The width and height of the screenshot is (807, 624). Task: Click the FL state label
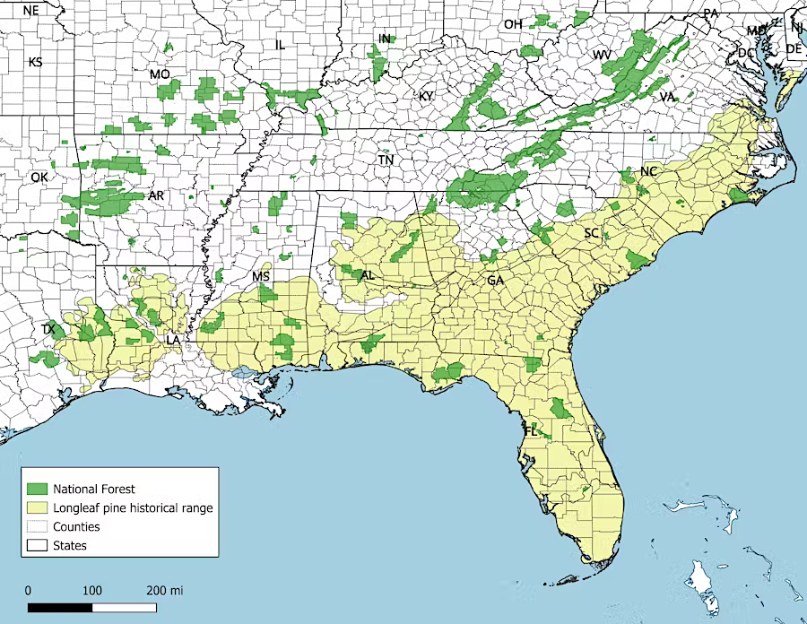click(530, 431)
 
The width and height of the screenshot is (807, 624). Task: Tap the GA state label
click(495, 281)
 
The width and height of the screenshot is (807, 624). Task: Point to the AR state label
click(156, 195)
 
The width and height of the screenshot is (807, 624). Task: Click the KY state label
click(425, 96)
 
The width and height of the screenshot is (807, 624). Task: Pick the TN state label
click(386, 160)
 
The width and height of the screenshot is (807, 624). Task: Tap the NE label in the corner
click(31, 11)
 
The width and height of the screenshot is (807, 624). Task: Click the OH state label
click(513, 24)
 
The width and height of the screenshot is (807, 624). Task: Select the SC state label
click(592, 233)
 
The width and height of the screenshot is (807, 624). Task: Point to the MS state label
click(261, 276)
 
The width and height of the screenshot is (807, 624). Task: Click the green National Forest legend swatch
click(37, 489)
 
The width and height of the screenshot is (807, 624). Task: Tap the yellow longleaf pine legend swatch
click(37, 507)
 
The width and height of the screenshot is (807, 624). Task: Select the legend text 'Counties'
click(76, 526)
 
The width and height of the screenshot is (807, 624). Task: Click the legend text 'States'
click(70, 545)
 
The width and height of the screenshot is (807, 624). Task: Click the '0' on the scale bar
click(29, 591)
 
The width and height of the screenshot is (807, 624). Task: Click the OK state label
click(39, 178)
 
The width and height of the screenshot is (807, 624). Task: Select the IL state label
click(280, 44)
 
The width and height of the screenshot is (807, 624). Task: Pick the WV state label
click(602, 56)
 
